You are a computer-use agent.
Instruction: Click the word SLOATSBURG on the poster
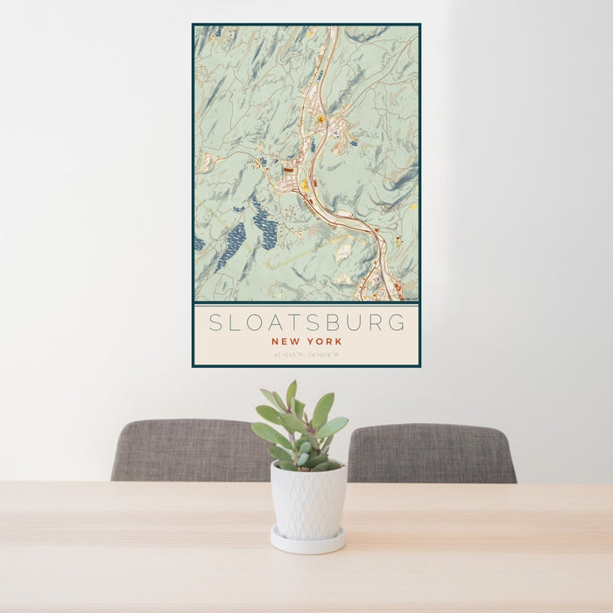point(306,322)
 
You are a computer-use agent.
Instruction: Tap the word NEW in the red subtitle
point(286,342)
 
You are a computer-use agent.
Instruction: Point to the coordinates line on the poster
point(306,355)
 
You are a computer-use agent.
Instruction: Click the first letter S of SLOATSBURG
point(215,322)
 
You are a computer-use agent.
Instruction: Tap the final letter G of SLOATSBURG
point(398,322)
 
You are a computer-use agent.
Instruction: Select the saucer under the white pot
point(307,543)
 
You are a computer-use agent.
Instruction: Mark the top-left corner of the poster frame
point(193,25)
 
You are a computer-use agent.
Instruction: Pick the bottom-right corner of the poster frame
point(420,366)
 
